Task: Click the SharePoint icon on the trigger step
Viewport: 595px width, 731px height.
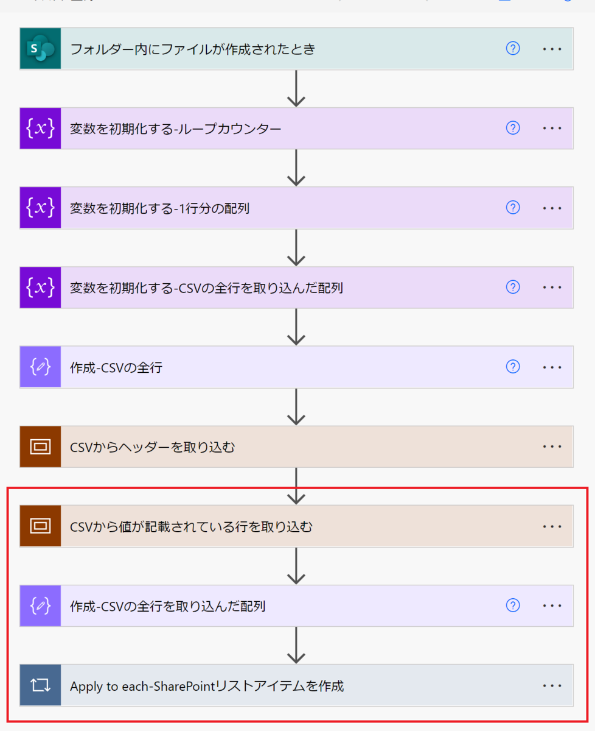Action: pyautogui.click(x=40, y=49)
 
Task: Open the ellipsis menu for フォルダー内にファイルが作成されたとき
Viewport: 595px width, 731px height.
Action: pyautogui.click(x=552, y=49)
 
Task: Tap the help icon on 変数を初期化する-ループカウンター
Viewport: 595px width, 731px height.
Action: pyautogui.click(x=513, y=128)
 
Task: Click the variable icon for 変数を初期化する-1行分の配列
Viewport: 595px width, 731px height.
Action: pyautogui.click(x=40, y=208)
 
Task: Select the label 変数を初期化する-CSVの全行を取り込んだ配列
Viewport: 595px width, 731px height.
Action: pyautogui.click(x=206, y=288)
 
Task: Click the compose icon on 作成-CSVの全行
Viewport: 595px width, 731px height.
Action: pyautogui.click(x=40, y=367)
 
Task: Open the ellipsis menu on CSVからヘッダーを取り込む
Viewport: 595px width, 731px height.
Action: pyautogui.click(x=552, y=447)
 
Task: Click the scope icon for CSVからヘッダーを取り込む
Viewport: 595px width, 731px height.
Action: pyautogui.click(x=40, y=447)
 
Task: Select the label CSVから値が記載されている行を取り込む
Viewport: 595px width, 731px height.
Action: pyautogui.click(x=191, y=526)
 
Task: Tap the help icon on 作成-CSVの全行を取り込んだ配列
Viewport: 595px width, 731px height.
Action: pyautogui.click(x=513, y=606)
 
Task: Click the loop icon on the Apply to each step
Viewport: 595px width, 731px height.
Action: pyautogui.click(x=40, y=685)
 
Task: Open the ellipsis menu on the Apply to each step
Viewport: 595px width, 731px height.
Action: pyautogui.click(x=552, y=685)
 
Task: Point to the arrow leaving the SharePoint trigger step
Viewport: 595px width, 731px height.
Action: pyautogui.click(x=296, y=88)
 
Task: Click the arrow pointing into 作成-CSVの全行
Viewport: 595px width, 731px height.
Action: pyautogui.click(x=296, y=327)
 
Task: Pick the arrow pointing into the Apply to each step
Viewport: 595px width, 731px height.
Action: pyautogui.click(x=296, y=645)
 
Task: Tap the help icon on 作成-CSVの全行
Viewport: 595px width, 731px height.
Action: pyautogui.click(x=513, y=367)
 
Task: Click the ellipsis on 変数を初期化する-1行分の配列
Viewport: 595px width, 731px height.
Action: pyautogui.click(x=552, y=208)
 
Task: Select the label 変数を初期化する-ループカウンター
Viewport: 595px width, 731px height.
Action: pyautogui.click(x=176, y=129)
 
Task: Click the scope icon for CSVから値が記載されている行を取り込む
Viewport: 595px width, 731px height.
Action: pyautogui.click(x=40, y=526)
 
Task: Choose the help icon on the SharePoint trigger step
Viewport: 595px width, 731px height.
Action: pyautogui.click(x=513, y=49)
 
